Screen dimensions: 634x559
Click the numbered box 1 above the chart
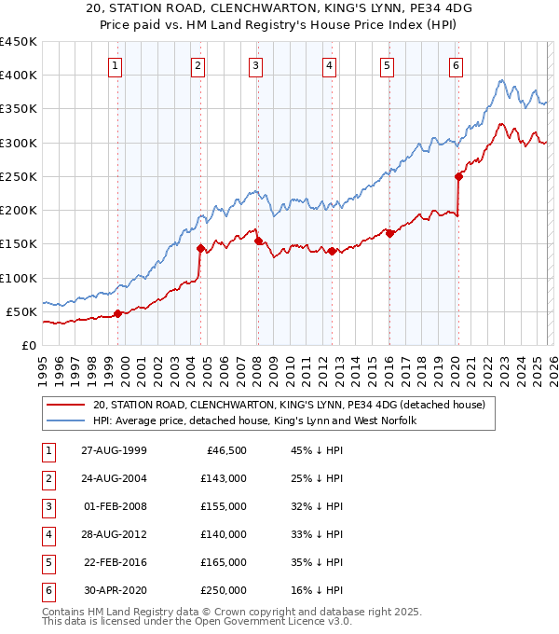point(114,65)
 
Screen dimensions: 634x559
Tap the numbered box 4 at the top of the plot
point(331,65)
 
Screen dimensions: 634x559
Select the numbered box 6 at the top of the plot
point(456,65)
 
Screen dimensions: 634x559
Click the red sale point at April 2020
point(458,176)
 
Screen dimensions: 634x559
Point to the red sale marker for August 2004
point(200,248)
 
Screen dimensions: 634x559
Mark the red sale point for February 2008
point(257,241)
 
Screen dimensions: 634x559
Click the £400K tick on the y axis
point(19,76)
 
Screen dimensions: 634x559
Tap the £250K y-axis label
point(19,176)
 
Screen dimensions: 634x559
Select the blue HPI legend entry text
point(253,421)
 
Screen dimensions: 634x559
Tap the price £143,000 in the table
point(225,478)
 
